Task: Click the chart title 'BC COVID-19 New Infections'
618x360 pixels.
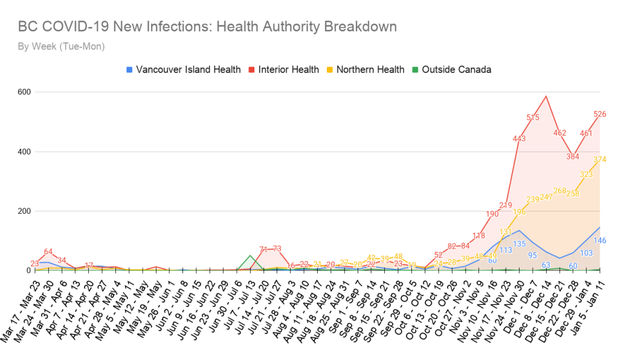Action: (x=207, y=27)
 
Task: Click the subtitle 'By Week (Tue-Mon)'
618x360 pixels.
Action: (x=61, y=47)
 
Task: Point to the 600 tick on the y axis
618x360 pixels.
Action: (x=24, y=92)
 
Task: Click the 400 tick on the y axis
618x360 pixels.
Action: (x=24, y=152)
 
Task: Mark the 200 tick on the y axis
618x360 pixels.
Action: (x=24, y=211)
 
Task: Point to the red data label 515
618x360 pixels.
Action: (x=533, y=117)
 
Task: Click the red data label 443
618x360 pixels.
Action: (x=519, y=139)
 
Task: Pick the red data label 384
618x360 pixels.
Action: (x=573, y=156)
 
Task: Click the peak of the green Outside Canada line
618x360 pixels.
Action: (x=250, y=256)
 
